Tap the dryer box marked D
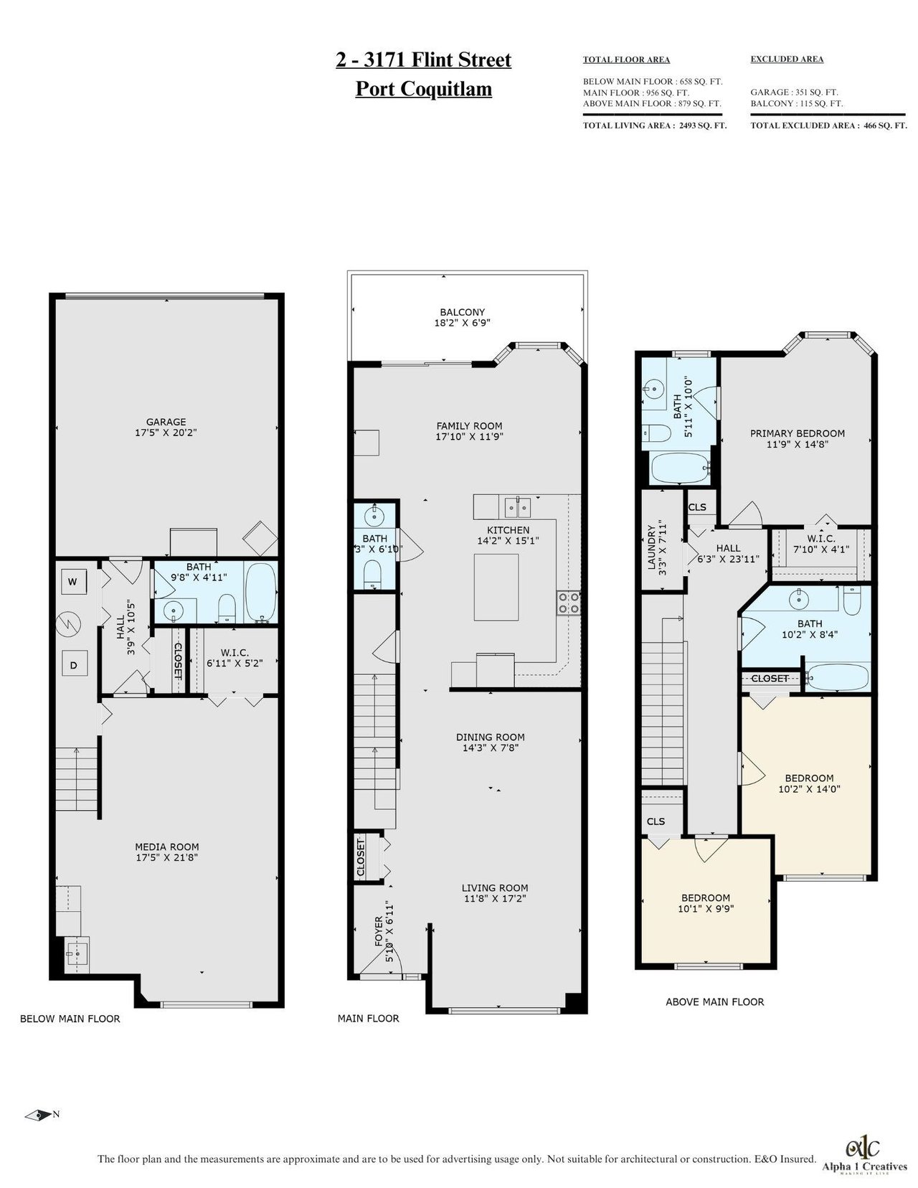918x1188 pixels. point(73,665)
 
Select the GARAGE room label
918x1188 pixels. point(166,422)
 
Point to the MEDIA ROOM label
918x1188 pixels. point(166,847)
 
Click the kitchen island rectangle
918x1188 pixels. point(496,587)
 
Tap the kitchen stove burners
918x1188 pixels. point(568,603)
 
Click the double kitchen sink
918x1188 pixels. point(518,507)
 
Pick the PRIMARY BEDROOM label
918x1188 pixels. point(798,433)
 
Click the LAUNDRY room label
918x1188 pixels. point(651,548)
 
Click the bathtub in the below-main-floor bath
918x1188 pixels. point(260,593)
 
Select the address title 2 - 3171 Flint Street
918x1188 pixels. point(423,60)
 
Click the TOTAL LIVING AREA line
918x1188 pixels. point(655,126)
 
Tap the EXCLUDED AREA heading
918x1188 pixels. point(787,59)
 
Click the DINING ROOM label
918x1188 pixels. point(490,737)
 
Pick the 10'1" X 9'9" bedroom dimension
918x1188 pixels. point(706,909)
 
